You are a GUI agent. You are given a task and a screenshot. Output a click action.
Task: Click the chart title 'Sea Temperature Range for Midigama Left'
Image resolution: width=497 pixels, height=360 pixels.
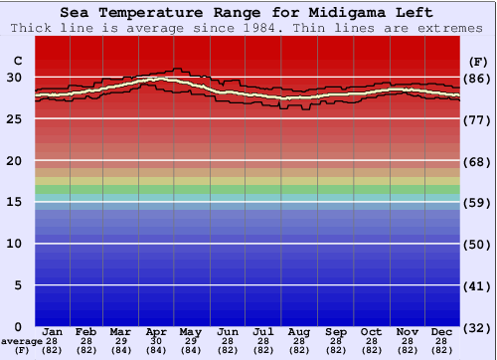[x=248, y=13]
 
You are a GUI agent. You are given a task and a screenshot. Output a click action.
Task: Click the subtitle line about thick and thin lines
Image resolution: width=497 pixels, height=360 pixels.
[x=248, y=28]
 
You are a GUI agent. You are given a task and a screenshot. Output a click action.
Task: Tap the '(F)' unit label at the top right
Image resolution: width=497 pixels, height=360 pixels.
[x=478, y=62]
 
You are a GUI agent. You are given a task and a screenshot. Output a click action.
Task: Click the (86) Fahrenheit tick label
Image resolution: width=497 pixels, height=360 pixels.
[x=478, y=78]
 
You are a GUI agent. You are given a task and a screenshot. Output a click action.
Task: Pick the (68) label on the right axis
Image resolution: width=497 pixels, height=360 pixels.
[x=478, y=161]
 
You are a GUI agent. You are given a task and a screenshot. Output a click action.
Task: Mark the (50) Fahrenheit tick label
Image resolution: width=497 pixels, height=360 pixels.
[x=478, y=245]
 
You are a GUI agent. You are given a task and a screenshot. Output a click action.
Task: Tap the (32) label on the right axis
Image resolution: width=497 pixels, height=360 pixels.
[x=478, y=327]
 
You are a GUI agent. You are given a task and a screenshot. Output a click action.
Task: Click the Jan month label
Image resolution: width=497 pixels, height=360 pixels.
[x=54, y=331]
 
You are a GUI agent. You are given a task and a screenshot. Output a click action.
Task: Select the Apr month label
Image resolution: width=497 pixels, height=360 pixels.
[x=156, y=331]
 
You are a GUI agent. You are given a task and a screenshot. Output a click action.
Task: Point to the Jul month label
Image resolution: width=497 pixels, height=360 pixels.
[x=263, y=331]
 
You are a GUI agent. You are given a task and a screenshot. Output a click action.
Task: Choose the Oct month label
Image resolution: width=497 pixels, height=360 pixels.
[x=371, y=331]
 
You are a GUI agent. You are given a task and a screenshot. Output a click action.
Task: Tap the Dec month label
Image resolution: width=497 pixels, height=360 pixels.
[x=443, y=331]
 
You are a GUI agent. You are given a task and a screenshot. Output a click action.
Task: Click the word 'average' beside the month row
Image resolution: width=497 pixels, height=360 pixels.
[x=22, y=341]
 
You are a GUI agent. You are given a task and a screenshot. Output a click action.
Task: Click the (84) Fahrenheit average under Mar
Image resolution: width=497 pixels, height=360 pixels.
[x=120, y=350]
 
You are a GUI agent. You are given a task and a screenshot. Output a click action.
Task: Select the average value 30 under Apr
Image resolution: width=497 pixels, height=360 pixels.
[x=156, y=340]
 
